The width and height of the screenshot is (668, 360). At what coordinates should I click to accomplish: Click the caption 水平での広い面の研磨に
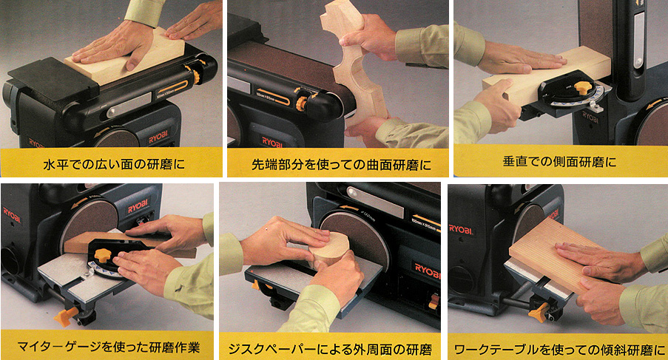(x=114, y=164)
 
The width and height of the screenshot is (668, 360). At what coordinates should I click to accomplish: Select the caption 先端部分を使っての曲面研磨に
(x=341, y=165)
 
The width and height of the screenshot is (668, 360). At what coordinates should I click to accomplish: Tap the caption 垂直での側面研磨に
(x=559, y=162)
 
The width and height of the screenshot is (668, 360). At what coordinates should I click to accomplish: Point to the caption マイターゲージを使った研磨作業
(x=108, y=347)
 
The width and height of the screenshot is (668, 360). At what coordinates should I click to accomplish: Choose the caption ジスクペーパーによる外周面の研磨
(x=330, y=350)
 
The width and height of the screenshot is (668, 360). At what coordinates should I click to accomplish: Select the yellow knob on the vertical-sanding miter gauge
(x=582, y=88)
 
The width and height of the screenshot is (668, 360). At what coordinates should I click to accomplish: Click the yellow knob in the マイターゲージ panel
(x=102, y=255)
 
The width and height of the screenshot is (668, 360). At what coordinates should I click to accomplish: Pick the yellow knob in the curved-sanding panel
(x=302, y=102)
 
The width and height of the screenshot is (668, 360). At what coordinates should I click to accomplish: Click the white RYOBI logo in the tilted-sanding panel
(x=461, y=229)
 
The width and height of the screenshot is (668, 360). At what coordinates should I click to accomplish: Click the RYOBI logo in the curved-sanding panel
(x=271, y=142)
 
